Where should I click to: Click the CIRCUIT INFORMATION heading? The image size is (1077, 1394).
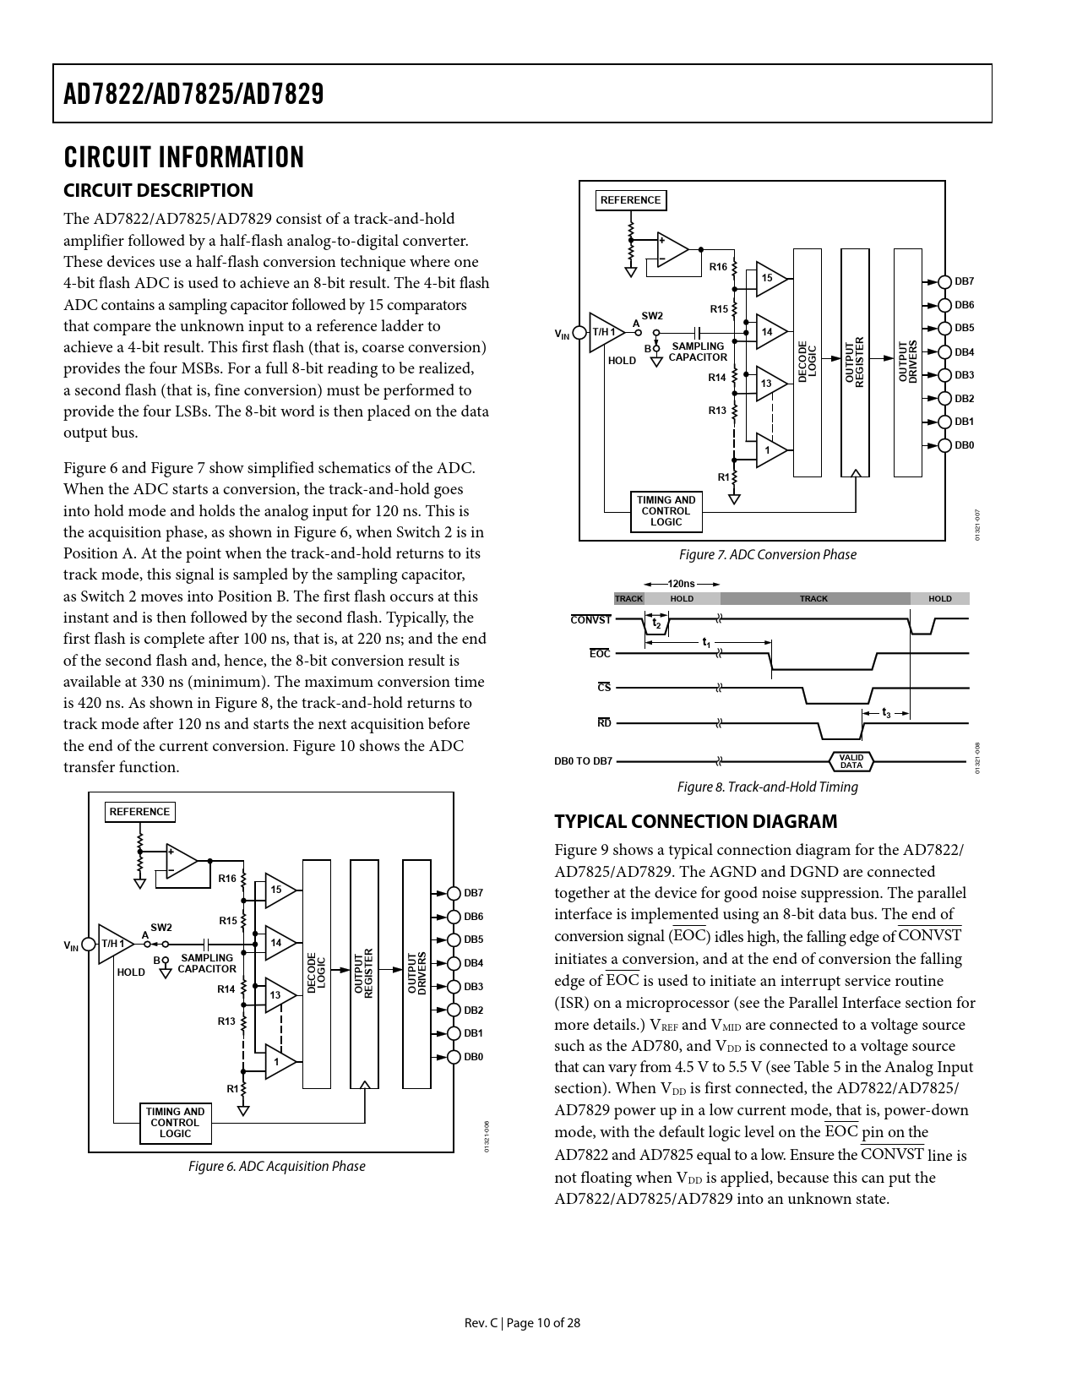(183, 158)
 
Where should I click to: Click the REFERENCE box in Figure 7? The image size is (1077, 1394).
(630, 200)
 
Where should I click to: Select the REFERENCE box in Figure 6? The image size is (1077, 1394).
(139, 812)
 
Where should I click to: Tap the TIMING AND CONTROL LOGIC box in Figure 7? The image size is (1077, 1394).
(666, 511)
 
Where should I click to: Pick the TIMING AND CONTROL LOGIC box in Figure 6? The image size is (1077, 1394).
(175, 1123)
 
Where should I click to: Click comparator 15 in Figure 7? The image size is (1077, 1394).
(769, 278)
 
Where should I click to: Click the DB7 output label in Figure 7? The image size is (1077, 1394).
(964, 281)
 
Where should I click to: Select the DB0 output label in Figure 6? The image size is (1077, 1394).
(473, 1057)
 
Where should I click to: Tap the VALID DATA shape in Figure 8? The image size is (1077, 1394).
(851, 761)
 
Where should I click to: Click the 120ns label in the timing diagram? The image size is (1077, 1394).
(681, 584)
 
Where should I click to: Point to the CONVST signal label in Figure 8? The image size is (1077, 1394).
(590, 620)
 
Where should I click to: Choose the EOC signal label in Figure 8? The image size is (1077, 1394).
(599, 654)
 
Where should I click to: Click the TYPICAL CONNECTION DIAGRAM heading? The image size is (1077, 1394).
(696, 821)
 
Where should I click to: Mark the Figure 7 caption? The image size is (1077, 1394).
(767, 555)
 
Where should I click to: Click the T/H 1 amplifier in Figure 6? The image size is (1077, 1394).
(113, 944)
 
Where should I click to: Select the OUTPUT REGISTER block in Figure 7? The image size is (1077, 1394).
(855, 362)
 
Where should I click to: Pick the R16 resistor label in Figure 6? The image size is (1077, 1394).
(226, 879)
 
